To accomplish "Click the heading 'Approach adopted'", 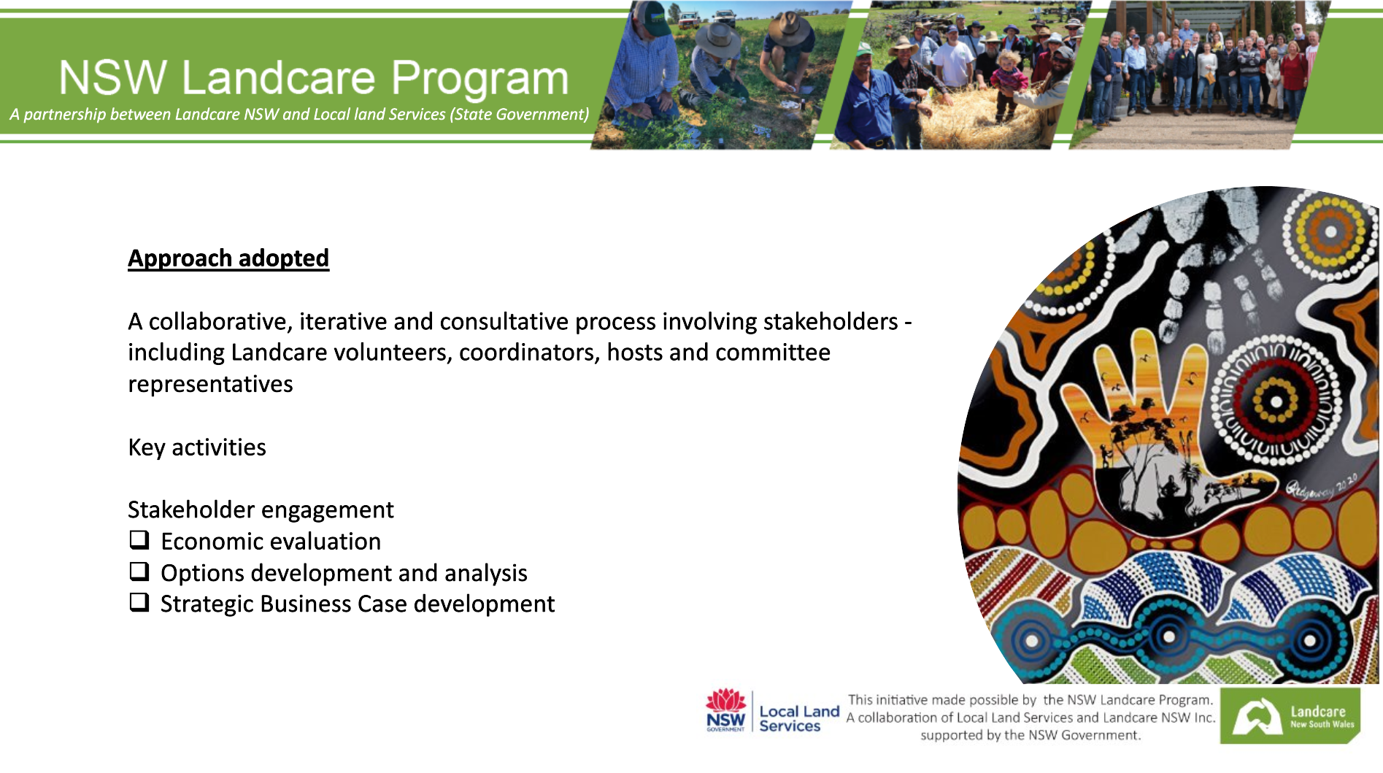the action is pyautogui.click(x=228, y=258).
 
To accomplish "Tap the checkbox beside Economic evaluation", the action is pyautogui.click(x=139, y=540).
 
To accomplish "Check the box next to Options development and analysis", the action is pyautogui.click(x=139, y=572).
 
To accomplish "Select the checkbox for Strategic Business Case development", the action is pyautogui.click(x=139, y=603).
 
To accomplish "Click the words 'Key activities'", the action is pyautogui.click(x=197, y=447).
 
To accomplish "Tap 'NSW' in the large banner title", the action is pyautogui.click(x=113, y=77).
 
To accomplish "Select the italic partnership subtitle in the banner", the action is pyautogui.click(x=299, y=115).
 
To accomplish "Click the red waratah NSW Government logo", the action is pyautogui.click(x=725, y=710).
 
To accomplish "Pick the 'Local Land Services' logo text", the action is pyautogui.click(x=799, y=718).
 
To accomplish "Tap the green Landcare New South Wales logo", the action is pyautogui.click(x=1290, y=716).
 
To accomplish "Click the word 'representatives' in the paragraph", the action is pyautogui.click(x=210, y=384).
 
